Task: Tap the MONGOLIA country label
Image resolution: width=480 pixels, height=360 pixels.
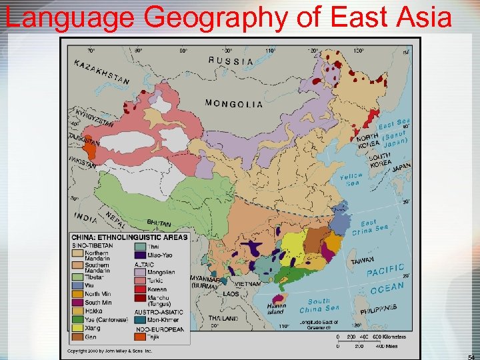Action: (x=233, y=103)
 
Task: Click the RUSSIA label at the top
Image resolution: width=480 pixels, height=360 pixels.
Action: (x=231, y=61)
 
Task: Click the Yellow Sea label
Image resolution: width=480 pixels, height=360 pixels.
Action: (x=351, y=179)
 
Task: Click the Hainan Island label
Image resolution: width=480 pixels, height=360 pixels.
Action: (x=276, y=309)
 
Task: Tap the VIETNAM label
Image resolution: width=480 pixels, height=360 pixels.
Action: (x=247, y=283)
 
